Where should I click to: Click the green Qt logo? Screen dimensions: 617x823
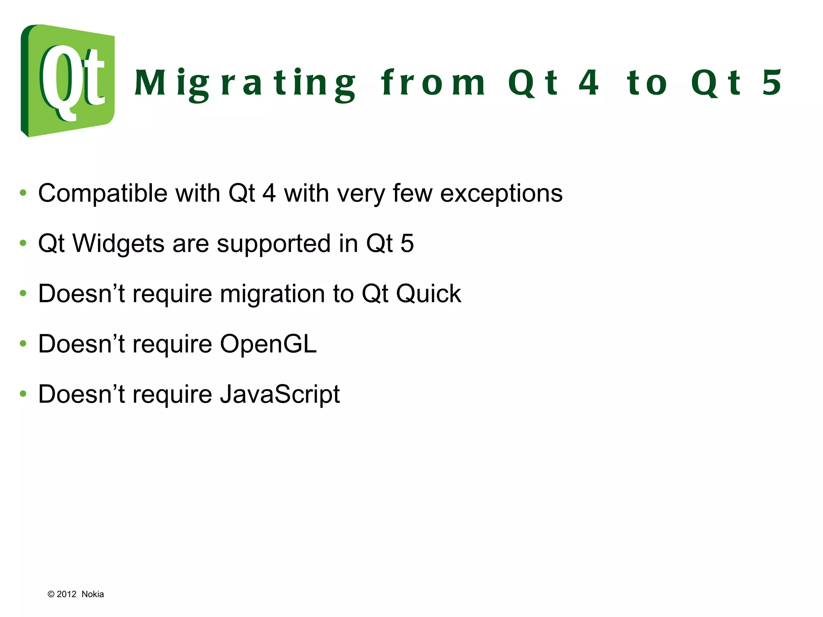68,80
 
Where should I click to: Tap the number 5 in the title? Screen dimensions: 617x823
772,83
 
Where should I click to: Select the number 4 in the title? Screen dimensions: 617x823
589,83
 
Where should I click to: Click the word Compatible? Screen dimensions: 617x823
102,194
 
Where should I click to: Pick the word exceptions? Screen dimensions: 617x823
501,194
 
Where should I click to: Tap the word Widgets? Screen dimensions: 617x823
118,243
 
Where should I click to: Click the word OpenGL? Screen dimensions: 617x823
268,344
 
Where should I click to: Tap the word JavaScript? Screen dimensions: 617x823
280,394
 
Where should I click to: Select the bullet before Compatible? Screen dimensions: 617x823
23,193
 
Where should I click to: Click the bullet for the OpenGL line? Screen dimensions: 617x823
23,343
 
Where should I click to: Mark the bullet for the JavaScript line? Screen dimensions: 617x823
23,394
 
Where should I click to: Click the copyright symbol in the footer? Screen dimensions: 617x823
51,594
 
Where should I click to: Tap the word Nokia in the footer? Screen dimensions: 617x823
92,594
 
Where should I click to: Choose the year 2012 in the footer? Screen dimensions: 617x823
66,594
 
